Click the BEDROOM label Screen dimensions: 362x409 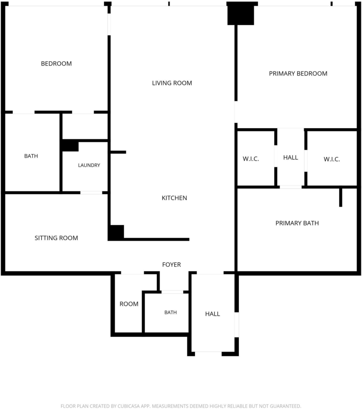pyautogui.click(x=56, y=64)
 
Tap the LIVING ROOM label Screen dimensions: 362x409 pyautogui.click(x=172, y=83)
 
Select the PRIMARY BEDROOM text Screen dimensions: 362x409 pyautogui.click(x=298, y=73)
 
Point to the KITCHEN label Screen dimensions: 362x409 pyautogui.click(x=174, y=198)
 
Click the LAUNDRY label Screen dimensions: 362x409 pyautogui.click(x=89, y=165)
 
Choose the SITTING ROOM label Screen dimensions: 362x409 pyautogui.click(x=56, y=238)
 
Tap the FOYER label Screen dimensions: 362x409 pyautogui.click(x=171, y=264)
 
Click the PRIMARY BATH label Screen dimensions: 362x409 pyautogui.click(x=297, y=223)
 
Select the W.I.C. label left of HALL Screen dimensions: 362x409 pyautogui.click(x=251, y=159)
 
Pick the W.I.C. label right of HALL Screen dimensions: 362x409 pyautogui.click(x=332, y=159)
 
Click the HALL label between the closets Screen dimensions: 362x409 pyautogui.click(x=290, y=157)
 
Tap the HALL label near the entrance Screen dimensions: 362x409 pyautogui.click(x=212, y=314)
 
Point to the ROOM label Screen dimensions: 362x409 pyautogui.click(x=129, y=304)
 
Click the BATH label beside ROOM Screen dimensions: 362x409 pyautogui.click(x=170, y=312)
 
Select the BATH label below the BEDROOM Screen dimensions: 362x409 pyautogui.click(x=31, y=156)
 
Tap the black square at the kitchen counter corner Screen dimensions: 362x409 pyautogui.click(x=116, y=232)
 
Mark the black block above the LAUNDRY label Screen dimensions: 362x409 pyautogui.click(x=70, y=145)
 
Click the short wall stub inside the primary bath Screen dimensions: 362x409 pyautogui.click(x=340, y=197)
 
